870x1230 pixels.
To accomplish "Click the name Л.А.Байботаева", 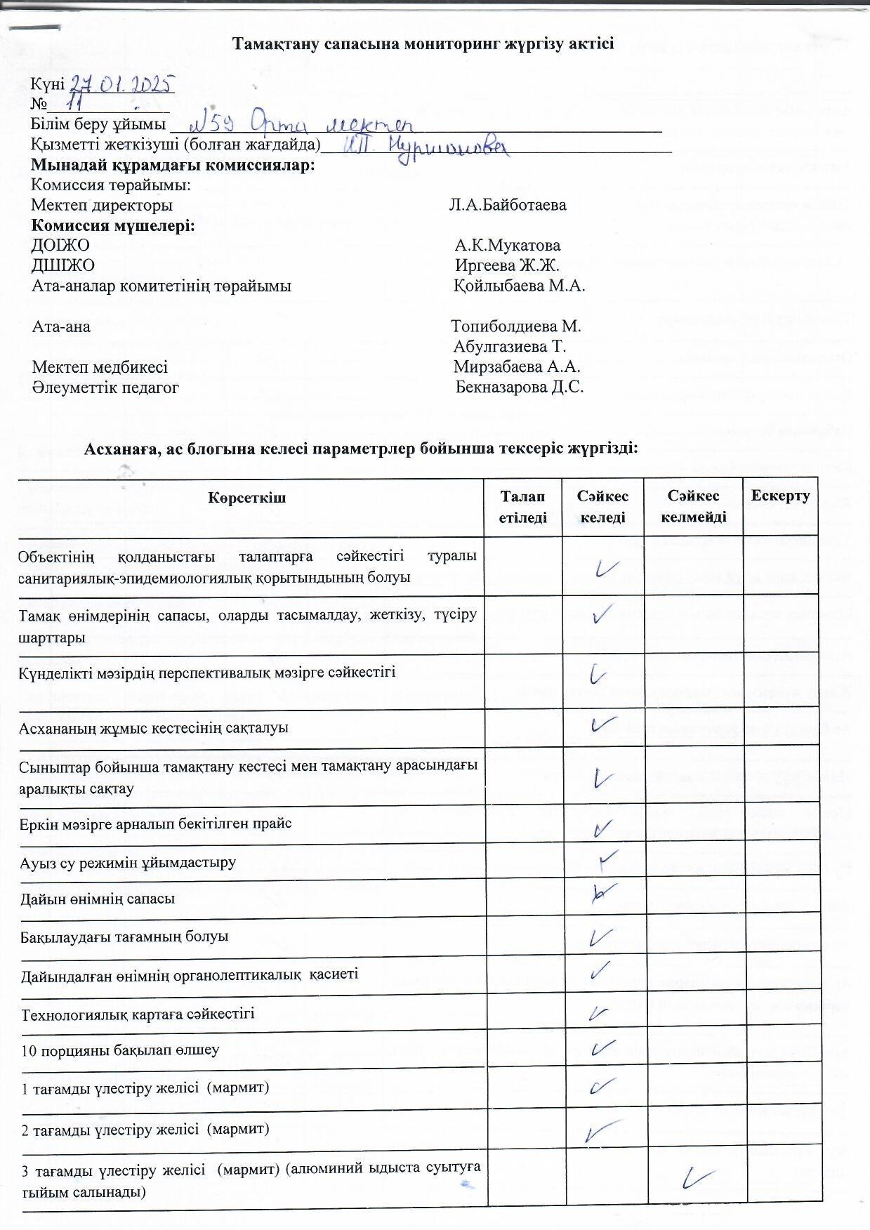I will pyautogui.click(x=508, y=206).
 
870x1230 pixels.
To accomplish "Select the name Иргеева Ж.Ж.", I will pyautogui.click(x=507, y=266).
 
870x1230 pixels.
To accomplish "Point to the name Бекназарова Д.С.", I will pyautogui.click(x=520, y=387).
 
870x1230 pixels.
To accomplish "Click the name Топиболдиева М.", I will pyautogui.click(x=516, y=326).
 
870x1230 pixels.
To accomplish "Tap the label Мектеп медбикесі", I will pyautogui.click(x=100, y=367).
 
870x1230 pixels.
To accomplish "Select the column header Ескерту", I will pyautogui.click(x=780, y=496).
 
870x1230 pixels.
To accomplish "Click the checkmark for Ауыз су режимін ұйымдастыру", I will pyautogui.click(x=608, y=858).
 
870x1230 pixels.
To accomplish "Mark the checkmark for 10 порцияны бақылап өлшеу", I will pyautogui.click(x=603, y=1049).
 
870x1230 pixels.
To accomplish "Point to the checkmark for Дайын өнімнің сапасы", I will pyautogui.click(x=604, y=893).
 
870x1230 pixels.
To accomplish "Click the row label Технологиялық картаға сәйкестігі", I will pyautogui.click(x=138, y=1014).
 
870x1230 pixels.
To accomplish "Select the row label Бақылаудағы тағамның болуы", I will pyautogui.click(x=124, y=937).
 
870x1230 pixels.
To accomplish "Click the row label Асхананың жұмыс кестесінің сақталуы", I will pyautogui.click(x=154, y=727).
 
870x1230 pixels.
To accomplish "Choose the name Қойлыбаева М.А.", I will pyautogui.click(x=520, y=286).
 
